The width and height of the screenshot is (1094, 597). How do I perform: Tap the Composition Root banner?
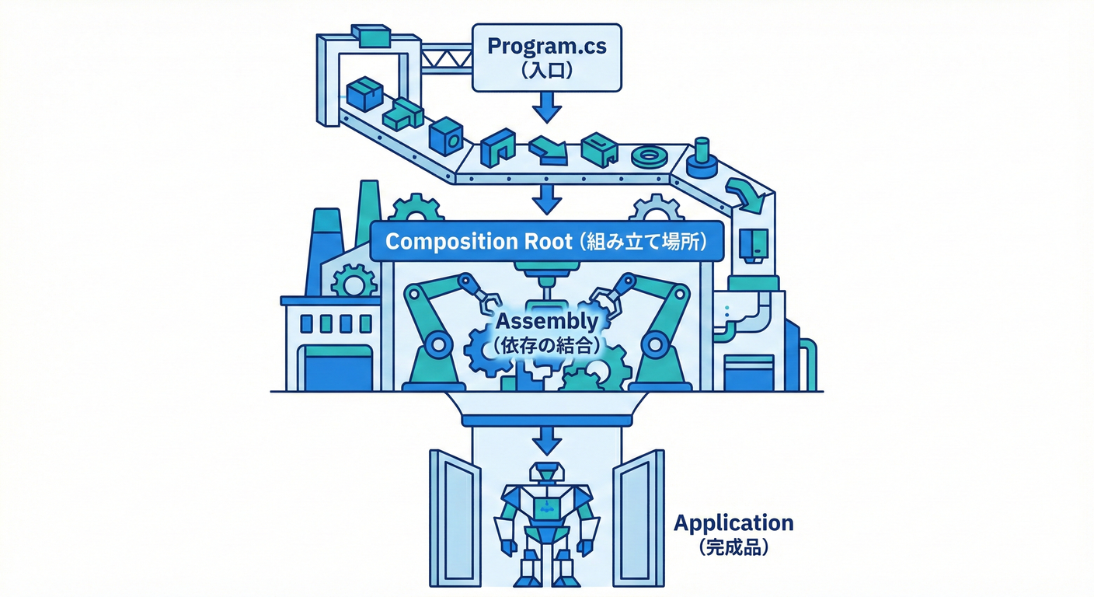point(546,242)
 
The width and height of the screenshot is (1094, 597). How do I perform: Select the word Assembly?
point(547,321)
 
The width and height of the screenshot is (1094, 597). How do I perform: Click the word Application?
point(733,522)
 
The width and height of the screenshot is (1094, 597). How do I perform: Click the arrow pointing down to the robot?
point(547,442)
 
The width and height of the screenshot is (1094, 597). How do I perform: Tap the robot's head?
point(547,472)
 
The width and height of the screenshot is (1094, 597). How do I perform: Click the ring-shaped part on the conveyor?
point(648,157)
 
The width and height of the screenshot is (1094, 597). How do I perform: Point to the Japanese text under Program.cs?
point(546,72)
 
